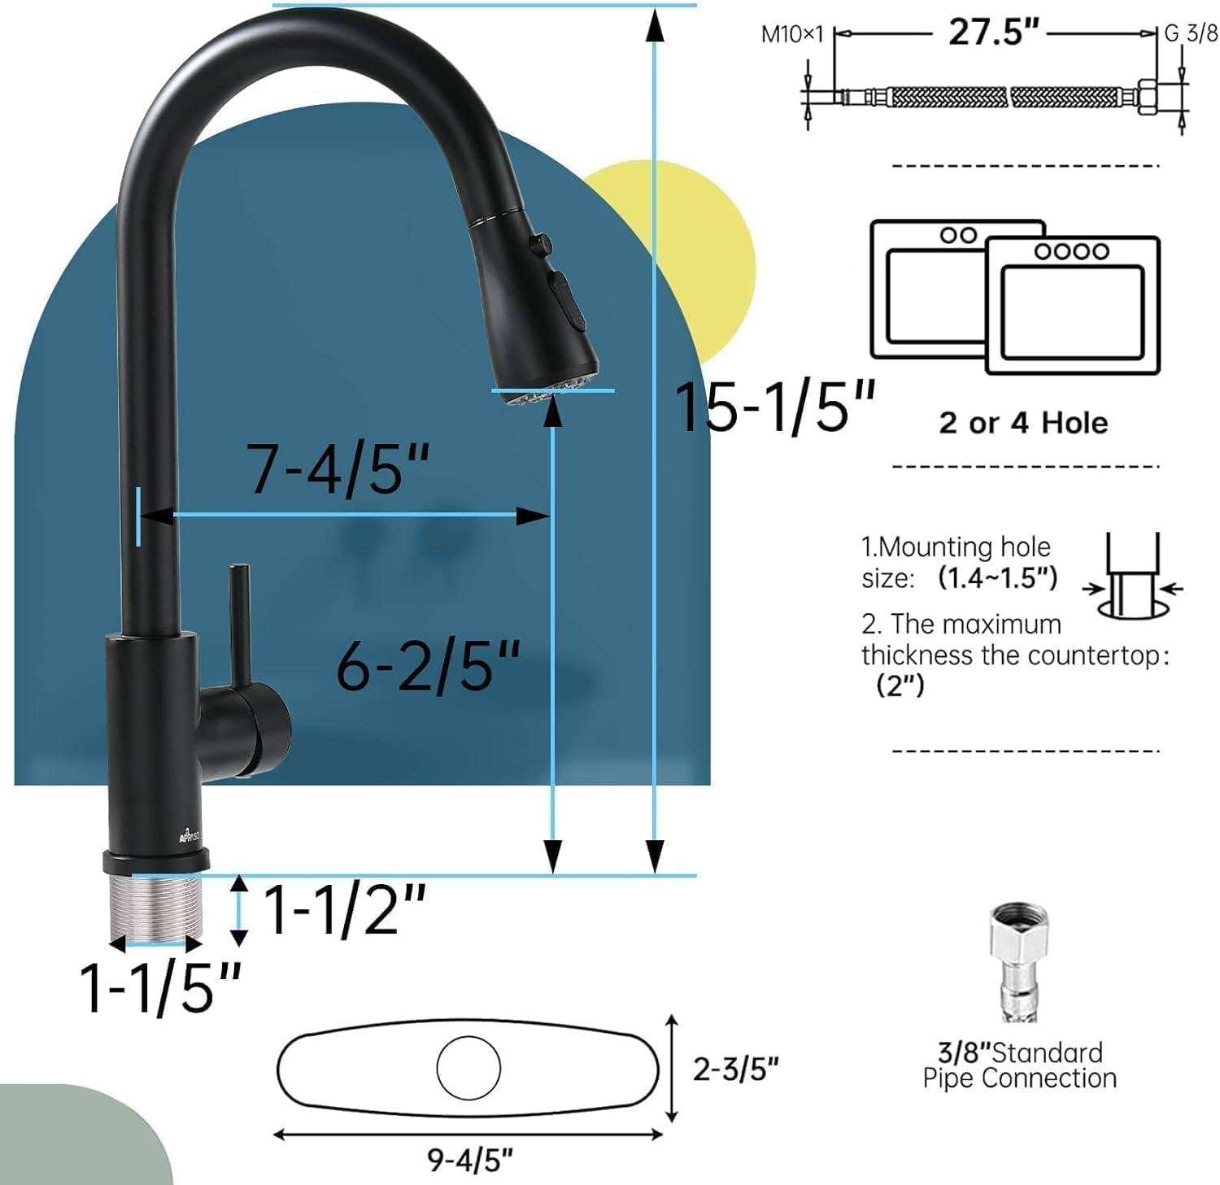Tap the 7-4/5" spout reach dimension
(x=338, y=469)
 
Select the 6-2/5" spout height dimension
(x=428, y=666)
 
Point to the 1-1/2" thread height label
(x=344, y=909)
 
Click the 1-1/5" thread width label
(x=160, y=987)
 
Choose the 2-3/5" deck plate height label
(x=735, y=1069)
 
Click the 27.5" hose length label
(x=994, y=33)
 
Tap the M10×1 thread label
(x=791, y=34)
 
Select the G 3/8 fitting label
(x=1191, y=33)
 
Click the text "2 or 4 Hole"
(x=1023, y=423)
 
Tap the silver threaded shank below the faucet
(x=155, y=907)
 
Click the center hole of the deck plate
(x=468, y=1068)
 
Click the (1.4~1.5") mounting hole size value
(x=997, y=577)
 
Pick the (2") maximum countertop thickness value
(x=900, y=686)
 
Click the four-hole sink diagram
(x=1072, y=305)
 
